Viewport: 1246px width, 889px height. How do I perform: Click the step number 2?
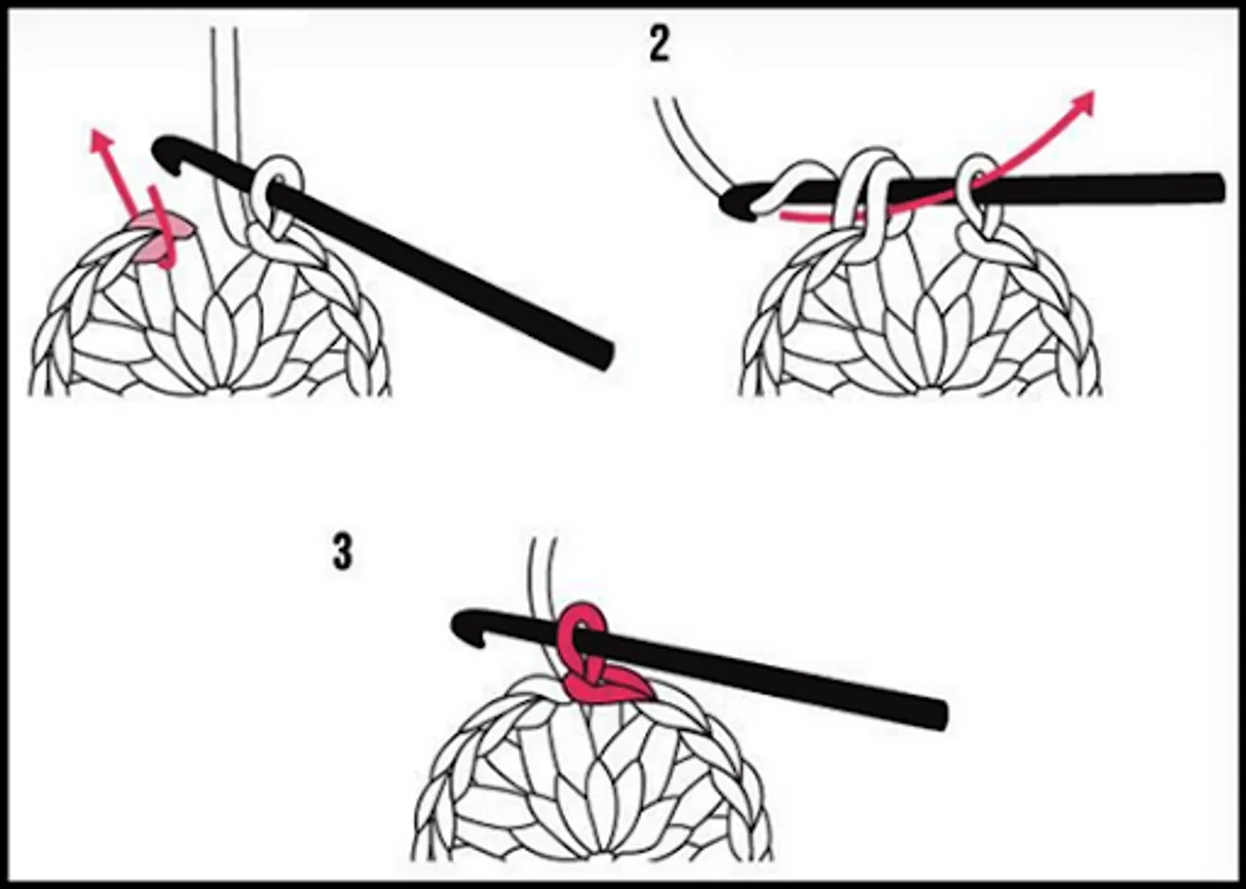click(x=659, y=45)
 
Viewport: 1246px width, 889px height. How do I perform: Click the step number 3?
click(x=342, y=553)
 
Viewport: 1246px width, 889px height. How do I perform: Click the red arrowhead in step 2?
click(x=1082, y=103)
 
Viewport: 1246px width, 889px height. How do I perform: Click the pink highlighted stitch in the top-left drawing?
click(x=161, y=235)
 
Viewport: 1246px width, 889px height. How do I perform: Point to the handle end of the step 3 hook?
click(x=936, y=715)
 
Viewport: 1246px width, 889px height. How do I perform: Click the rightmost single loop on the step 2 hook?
click(x=976, y=201)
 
